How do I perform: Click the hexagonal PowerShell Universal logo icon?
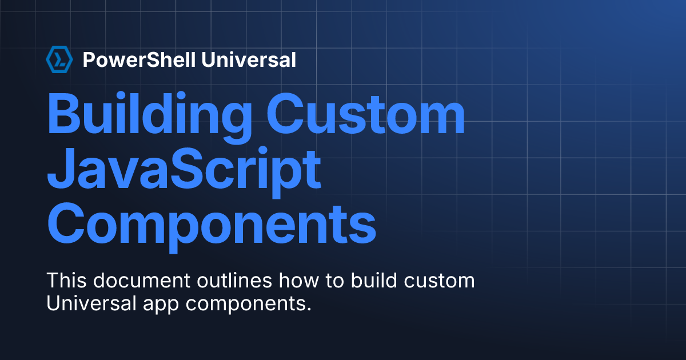pyautogui.click(x=59, y=59)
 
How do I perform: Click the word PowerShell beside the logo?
pyautogui.click(x=139, y=59)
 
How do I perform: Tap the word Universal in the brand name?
pyautogui.click(x=249, y=59)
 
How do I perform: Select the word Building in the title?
pyautogui.click(x=149, y=118)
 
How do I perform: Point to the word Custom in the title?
pyautogui.click(x=366, y=114)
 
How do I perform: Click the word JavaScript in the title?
pyautogui.click(x=184, y=172)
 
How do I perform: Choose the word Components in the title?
pyautogui.click(x=212, y=227)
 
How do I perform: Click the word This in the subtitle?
pyautogui.click(x=66, y=280)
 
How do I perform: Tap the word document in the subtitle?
pyautogui.click(x=142, y=280)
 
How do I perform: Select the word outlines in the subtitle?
pyautogui.click(x=234, y=280)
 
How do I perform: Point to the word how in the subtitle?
pyautogui.click(x=298, y=280)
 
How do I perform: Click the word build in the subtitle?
pyautogui.click(x=374, y=280)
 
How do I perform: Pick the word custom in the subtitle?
pyautogui.click(x=439, y=281)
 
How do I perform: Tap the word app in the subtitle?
pyautogui.click(x=161, y=305)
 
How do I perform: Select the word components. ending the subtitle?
pyautogui.click(x=248, y=305)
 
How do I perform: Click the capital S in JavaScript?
pyautogui.click(x=186, y=168)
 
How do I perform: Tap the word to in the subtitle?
pyautogui.click(x=335, y=281)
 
